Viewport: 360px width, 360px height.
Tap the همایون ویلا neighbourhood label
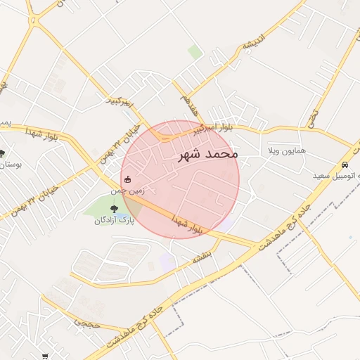coord(286,151)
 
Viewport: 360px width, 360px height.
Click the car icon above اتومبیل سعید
coord(345,164)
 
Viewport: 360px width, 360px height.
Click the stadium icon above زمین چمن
coord(127,179)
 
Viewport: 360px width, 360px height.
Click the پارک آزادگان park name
coord(114,220)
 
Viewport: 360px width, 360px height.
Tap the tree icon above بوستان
coord(2,153)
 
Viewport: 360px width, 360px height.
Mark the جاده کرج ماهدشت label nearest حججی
coord(139,326)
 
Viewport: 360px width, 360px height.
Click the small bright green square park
coord(195,52)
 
